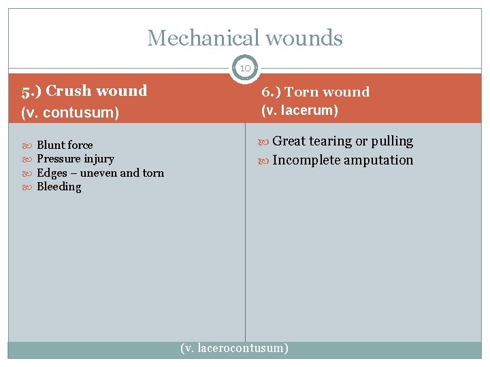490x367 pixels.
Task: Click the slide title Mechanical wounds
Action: pyautogui.click(x=245, y=38)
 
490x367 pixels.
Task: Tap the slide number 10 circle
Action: pyautogui.click(x=245, y=68)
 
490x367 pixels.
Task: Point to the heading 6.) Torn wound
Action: pyautogui.click(x=315, y=92)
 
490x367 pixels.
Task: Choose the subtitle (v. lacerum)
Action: pyautogui.click(x=300, y=110)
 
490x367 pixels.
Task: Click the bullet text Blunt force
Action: pyautogui.click(x=65, y=145)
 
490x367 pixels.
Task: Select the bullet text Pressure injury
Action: pyautogui.click(x=75, y=159)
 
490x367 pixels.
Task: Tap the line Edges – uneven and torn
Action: pyautogui.click(x=100, y=173)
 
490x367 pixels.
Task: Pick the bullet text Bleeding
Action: pyautogui.click(x=59, y=187)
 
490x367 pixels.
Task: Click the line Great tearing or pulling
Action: pyautogui.click(x=342, y=141)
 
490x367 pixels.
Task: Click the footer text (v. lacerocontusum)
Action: pyautogui.click(x=234, y=348)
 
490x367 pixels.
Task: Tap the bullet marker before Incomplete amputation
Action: pyautogui.click(x=265, y=161)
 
